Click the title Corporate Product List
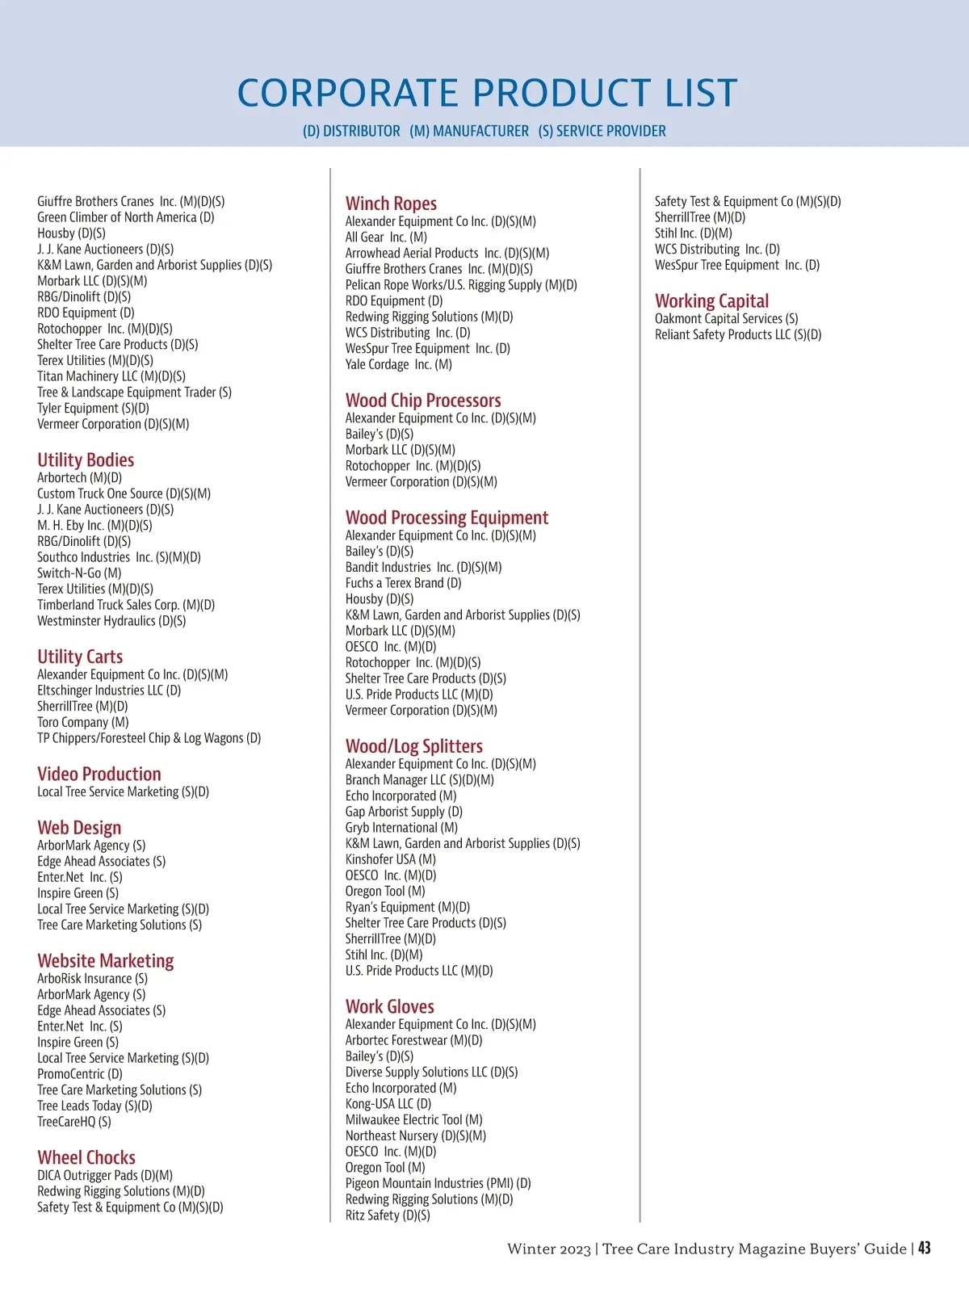[487, 93]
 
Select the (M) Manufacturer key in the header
[469, 131]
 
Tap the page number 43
[924, 1248]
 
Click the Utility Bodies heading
[86, 460]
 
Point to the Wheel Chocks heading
[86, 1157]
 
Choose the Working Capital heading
[711, 301]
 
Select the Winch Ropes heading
[391, 204]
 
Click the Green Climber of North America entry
[126, 217]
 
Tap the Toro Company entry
[83, 722]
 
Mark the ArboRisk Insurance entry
[92, 978]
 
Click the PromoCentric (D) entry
[80, 1074]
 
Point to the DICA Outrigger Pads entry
[105, 1175]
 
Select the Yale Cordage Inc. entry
[399, 364]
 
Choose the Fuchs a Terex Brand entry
[404, 583]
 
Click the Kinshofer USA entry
[391, 859]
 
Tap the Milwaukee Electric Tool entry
[414, 1119]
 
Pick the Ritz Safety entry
[388, 1215]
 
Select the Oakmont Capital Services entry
[727, 318]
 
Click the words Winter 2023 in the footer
[549, 1249]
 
